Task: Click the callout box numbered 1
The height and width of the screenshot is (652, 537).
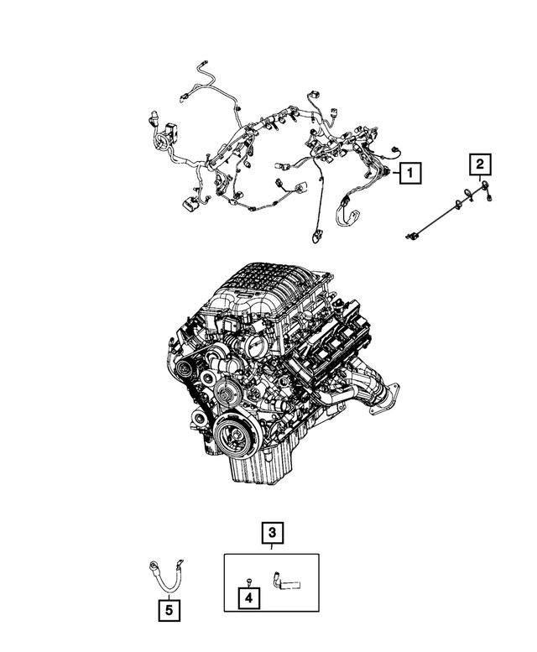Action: pyautogui.click(x=409, y=173)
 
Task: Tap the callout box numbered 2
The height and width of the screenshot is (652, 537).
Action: pyautogui.click(x=480, y=164)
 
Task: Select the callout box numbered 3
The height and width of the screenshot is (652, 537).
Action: pyautogui.click(x=272, y=533)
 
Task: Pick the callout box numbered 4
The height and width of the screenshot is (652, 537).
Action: pyautogui.click(x=248, y=598)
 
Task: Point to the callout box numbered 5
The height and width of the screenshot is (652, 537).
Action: pyautogui.click(x=169, y=610)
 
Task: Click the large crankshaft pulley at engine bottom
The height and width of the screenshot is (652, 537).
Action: pyautogui.click(x=234, y=436)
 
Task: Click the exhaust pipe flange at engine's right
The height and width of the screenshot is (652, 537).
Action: pyautogui.click(x=385, y=399)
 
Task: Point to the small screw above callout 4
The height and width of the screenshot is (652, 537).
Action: pyautogui.click(x=248, y=581)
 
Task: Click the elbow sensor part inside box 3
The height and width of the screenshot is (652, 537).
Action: pyautogui.click(x=285, y=581)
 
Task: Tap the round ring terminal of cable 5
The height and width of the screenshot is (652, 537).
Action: pyautogui.click(x=153, y=566)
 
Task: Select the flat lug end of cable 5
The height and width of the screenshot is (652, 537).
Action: pyautogui.click(x=179, y=563)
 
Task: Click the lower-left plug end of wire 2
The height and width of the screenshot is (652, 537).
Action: pyautogui.click(x=410, y=237)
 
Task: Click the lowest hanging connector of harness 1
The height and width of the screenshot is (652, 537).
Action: pyautogui.click(x=316, y=237)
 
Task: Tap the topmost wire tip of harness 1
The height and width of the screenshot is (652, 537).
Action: pyautogui.click(x=204, y=64)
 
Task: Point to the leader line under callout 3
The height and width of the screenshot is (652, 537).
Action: pyautogui.click(x=272, y=547)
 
